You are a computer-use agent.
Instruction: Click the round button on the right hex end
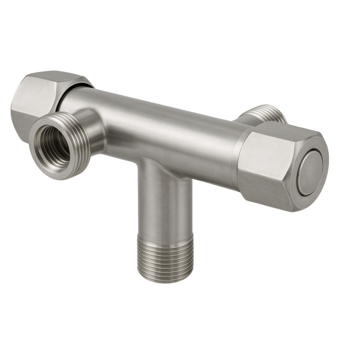pos(310,173)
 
